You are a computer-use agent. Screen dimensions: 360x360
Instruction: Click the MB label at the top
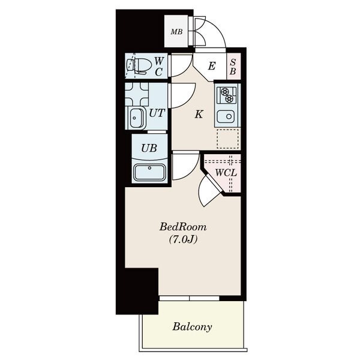[176, 32]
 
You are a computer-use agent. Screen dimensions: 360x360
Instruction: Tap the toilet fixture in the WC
[139, 66]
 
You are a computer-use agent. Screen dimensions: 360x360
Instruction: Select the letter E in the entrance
[212, 66]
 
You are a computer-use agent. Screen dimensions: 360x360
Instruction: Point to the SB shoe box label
[233, 67]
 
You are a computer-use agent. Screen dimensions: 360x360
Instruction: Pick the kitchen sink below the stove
[226, 116]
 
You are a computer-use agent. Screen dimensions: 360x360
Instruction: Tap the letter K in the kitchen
[199, 114]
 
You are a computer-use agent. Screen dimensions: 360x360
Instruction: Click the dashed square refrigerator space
[228, 139]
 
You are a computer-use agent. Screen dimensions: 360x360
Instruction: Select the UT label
[157, 113]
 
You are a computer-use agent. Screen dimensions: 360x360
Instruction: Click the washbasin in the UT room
[137, 118]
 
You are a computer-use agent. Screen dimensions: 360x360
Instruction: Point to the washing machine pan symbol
[137, 94]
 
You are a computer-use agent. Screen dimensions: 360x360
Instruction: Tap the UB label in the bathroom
[149, 148]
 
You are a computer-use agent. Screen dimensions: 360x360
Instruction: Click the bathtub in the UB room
[149, 172]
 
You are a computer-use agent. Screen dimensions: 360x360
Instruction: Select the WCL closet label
[226, 173]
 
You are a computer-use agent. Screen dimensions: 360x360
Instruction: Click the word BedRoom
[183, 227]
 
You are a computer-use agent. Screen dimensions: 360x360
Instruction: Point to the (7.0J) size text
[183, 239]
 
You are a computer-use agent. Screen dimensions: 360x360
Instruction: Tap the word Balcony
[192, 327]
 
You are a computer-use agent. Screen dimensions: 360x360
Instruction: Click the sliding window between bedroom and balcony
[190, 298]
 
